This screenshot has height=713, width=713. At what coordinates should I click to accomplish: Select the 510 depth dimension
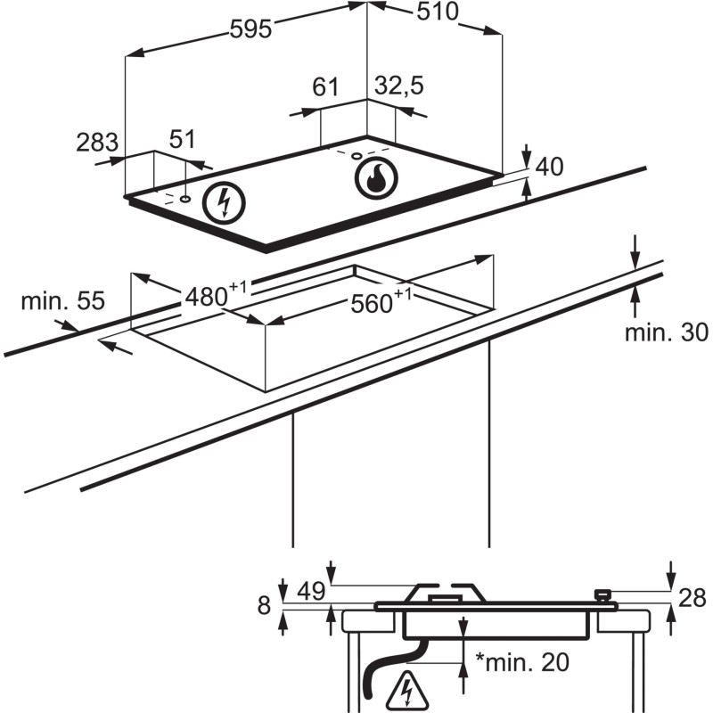[x=436, y=12]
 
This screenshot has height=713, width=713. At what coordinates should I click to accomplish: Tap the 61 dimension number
[x=326, y=87]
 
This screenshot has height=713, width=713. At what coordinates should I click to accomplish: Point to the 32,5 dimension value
[x=398, y=87]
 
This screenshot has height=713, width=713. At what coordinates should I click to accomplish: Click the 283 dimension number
[x=97, y=143]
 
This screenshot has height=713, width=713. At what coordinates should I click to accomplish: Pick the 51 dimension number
[x=182, y=140]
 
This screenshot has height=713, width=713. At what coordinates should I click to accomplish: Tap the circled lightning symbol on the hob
[x=223, y=203]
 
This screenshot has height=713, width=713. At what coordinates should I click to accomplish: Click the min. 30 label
[x=666, y=333]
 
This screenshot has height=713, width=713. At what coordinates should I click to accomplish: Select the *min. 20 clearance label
[x=522, y=663]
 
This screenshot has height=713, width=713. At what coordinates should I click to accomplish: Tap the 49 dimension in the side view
[x=310, y=590]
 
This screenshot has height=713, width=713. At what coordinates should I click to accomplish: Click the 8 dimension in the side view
[x=264, y=606]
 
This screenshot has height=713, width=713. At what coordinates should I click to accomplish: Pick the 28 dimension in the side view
[x=692, y=597]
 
